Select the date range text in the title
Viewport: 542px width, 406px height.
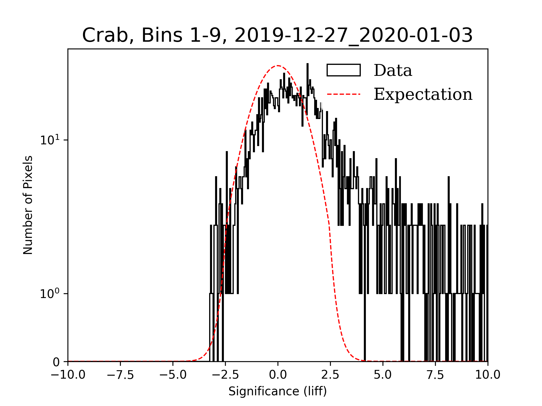(x=353, y=36)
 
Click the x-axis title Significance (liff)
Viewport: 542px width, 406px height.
(x=277, y=391)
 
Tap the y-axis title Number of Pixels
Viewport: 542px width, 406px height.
(x=28, y=205)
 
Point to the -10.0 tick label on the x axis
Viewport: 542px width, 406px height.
(x=68, y=375)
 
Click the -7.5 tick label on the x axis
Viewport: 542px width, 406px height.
(x=120, y=375)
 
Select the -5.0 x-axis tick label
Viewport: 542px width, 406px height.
(x=173, y=375)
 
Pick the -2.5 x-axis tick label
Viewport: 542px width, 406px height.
(x=225, y=375)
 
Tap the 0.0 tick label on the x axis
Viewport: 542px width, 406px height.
(x=278, y=375)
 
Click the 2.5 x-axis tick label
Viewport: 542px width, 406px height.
(x=330, y=375)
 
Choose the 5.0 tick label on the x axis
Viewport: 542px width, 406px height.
(x=383, y=375)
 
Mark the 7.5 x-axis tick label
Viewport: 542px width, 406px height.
(x=435, y=375)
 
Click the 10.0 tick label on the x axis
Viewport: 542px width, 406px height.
(x=488, y=375)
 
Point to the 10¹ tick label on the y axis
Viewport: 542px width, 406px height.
(x=50, y=140)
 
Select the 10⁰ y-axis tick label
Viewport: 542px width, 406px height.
(x=50, y=294)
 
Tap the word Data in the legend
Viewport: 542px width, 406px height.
(x=393, y=70)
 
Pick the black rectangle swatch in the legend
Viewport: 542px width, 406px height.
(x=344, y=70)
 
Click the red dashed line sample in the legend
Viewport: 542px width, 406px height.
(x=344, y=94)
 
